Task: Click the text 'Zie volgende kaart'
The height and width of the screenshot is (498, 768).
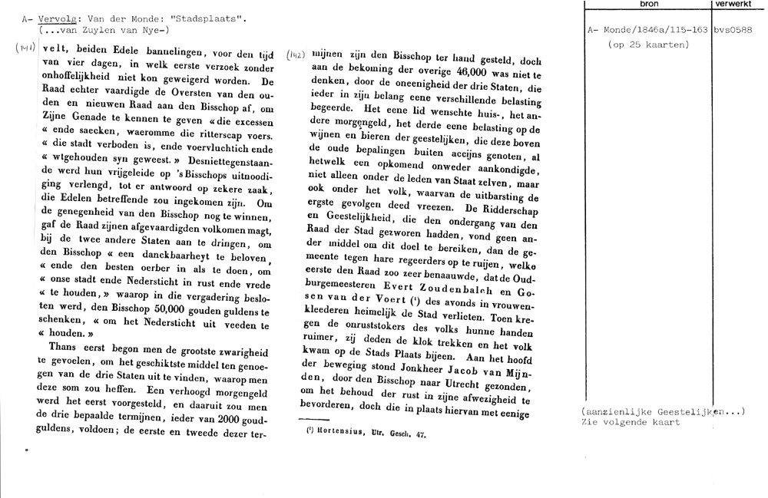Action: [x=631, y=422]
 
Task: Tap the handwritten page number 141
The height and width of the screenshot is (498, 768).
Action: [x=23, y=49]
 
